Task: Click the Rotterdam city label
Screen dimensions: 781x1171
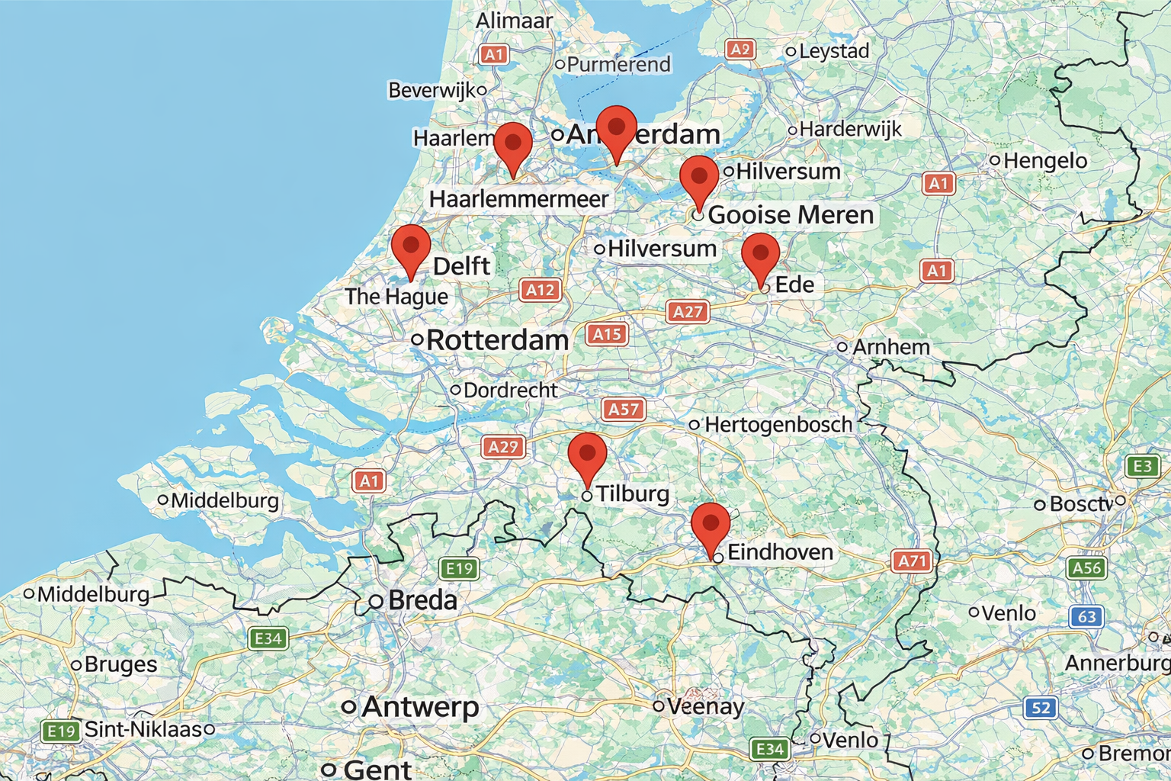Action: click(x=497, y=340)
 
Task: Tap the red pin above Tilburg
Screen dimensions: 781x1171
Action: click(x=587, y=455)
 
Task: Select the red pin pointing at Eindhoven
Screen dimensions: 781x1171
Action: click(x=711, y=525)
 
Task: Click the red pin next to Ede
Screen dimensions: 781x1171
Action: click(x=760, y=255)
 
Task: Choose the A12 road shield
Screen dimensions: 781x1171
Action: click(x=541, y=290)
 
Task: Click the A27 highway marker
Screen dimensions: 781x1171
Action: click(x=688, y=311)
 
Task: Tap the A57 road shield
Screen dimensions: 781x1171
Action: click(x=624, y=410)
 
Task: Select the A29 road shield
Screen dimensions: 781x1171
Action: click(x=503, y=447)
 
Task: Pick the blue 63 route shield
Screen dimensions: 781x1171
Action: click(x=1087, y=616)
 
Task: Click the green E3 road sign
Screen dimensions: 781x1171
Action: click(x=1142, y=466)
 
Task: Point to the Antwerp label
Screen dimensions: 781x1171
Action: click(x=420, y=707)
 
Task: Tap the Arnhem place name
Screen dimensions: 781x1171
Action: click(x=890, y=347)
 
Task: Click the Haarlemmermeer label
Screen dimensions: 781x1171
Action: click(x=518, y=199)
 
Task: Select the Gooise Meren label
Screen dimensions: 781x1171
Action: click(x=791, y=215)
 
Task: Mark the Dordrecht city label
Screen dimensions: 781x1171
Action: click(x=510, y=390)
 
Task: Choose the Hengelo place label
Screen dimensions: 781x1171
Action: click(x=1044, y=161)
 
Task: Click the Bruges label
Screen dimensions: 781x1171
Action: click(x=120, y=664)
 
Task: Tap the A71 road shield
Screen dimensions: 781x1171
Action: click(x=912, y=562)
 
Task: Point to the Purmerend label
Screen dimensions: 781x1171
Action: click(x=618, y=65)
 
